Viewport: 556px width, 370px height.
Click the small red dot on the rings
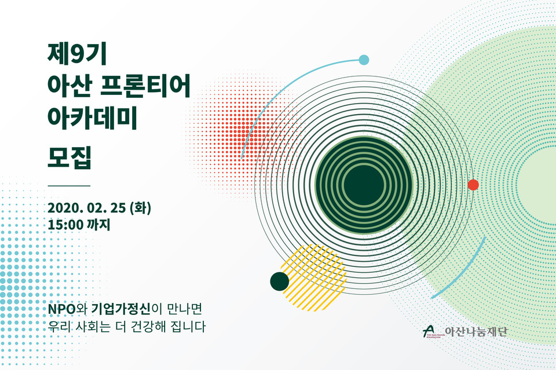(473, 185)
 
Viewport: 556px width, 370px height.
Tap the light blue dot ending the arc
(364, 59)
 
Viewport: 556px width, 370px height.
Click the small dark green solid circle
(279, 281)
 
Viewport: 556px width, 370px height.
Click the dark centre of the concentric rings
(363, 185)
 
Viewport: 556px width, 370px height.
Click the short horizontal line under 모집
(69, 185)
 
